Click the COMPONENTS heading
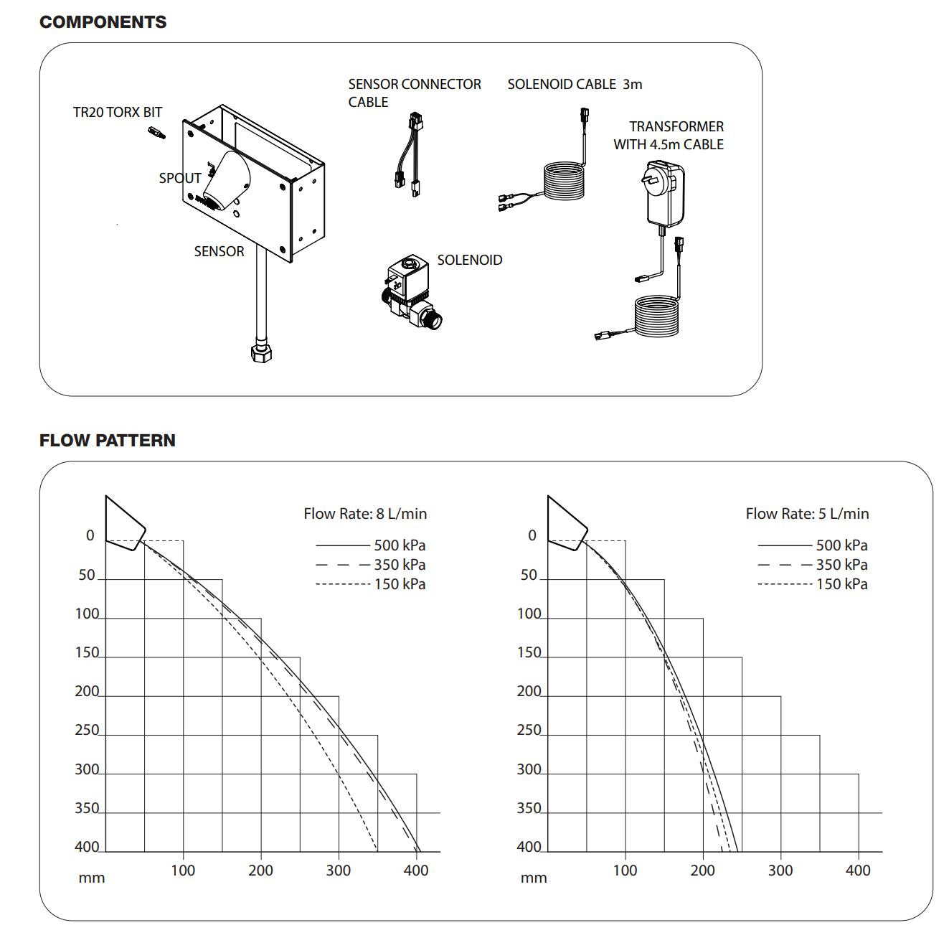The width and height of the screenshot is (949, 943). click(x=103, y=22)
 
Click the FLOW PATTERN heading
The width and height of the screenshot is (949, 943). click(x=107, y=441)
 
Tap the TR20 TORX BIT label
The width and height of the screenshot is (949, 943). click(x=118, y=113)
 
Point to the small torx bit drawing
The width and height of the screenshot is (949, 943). click(x=156, y=133)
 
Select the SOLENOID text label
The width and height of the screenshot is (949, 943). click(x=469, y=261)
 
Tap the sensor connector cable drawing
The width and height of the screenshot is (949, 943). click(x=405, y=154)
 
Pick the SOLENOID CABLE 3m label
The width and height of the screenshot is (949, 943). click(x=575, y=84)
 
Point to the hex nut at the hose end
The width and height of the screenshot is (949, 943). click(x=260, y=353)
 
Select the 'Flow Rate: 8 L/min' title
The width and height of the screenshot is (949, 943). click(x=364, y=514)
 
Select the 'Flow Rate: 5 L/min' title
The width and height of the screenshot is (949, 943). click(x=806, y=514)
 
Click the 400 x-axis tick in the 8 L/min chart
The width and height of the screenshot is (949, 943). click(x=416, y=871)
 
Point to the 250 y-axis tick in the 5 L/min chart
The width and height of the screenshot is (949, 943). click(x=529, y=731)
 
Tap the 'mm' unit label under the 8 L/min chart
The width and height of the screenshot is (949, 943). click(x=92, y=878)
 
